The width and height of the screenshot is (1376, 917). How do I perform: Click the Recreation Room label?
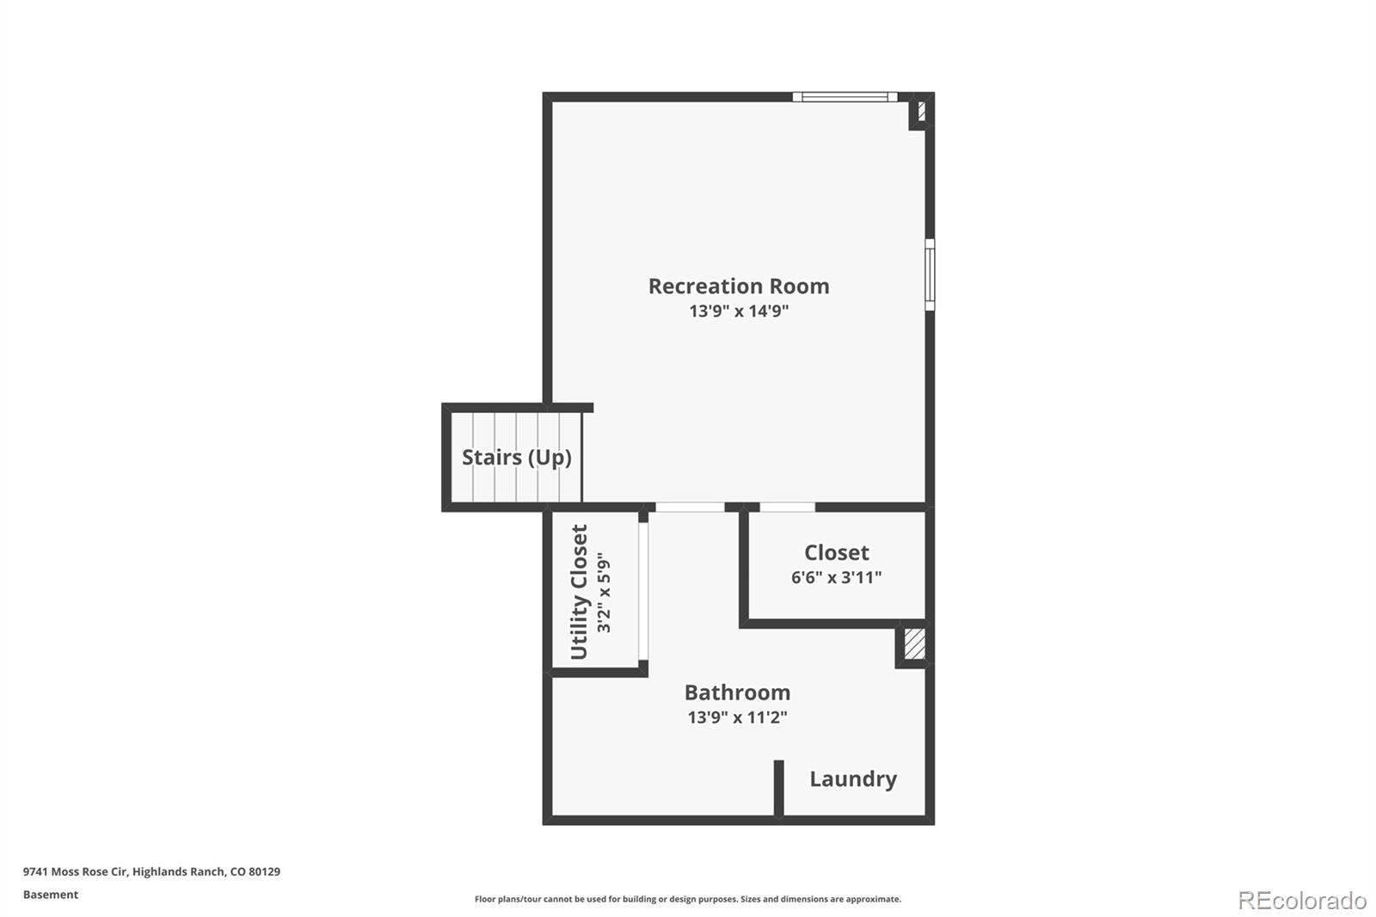[x=739, y=286]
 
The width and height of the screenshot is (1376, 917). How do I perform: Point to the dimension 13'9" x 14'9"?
[x=739, y=311]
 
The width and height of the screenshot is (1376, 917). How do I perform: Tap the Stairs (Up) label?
[x=516, y=457]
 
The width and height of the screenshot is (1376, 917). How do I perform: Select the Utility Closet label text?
[x=580, y=592]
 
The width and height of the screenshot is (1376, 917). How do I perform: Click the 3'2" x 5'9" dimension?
[x=605, y=594]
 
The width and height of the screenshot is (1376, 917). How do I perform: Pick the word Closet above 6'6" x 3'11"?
[x=836, y=552]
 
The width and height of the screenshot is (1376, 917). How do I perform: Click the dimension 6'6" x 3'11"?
[x=836, y=577]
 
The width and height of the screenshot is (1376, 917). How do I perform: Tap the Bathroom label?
[x=737, y=692]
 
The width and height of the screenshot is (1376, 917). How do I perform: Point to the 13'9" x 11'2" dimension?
[x=737, y=717]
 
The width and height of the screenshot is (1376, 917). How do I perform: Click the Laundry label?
[x=852, y=779]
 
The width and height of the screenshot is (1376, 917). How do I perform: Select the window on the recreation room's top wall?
[x=845, y=97]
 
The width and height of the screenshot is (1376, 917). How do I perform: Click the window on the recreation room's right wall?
[x=930, y=274]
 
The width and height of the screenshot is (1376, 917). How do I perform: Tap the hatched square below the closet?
[x=914, y=644]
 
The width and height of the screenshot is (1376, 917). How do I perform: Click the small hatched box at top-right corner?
[x=921, y=111]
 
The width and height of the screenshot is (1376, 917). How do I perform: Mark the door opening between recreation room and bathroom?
[x=690, y=508]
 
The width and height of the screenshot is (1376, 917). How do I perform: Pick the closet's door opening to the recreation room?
[x=787, y=508]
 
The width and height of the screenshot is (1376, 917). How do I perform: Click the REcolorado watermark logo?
[x=1301, y=900]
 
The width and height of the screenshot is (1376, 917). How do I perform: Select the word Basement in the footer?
[x=51, y=895]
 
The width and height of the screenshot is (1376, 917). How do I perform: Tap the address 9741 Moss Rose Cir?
[x=76, y=871]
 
